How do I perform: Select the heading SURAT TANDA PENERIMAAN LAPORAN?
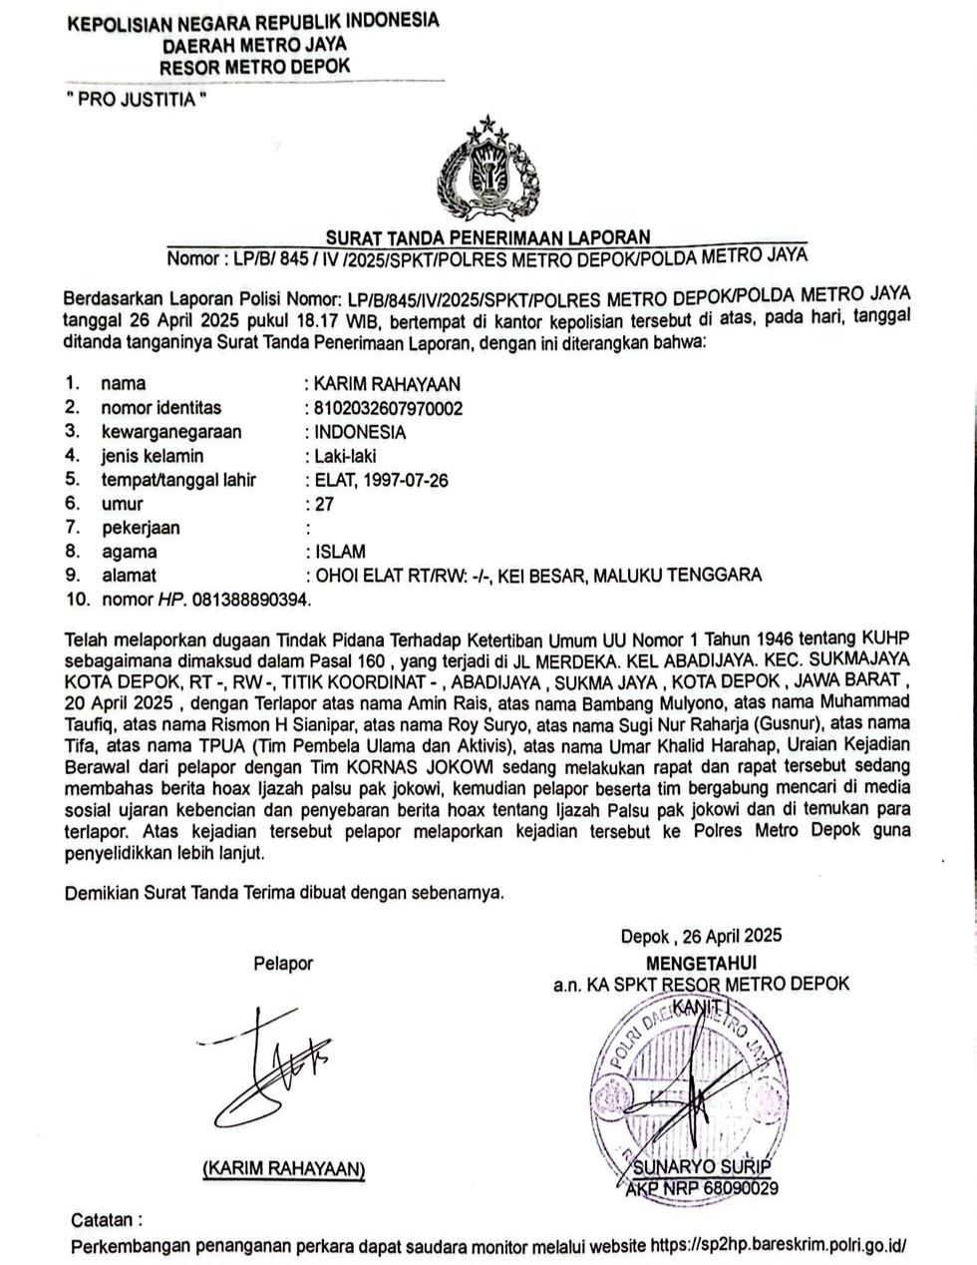pyautogui.click(x=488, y=236)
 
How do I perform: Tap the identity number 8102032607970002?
pyautogui.click(x=388, y=408)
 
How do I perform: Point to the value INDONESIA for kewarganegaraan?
pyautogui.click(x=360, y=432)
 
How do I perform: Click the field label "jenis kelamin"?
pyautogui.click(x=152, y=456)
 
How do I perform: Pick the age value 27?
pyautogui.click(x=324, y=504)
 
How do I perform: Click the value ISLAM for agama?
pyautogui.click(x=340, y=552)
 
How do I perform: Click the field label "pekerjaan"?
pyautogui.click(x=141, y=528)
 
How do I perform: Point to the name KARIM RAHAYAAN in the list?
pyautogui.click(x=387, y=384)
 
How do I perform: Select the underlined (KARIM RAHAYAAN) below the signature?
pyautogui.click(x=283, y=1168)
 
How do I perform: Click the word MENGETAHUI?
pyautogui.click(x=701, y=963)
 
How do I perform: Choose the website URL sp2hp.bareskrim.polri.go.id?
pyautogui.click(x=779, y=1246)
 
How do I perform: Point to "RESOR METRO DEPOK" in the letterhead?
pyautogui.click(x=255, y=66)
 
